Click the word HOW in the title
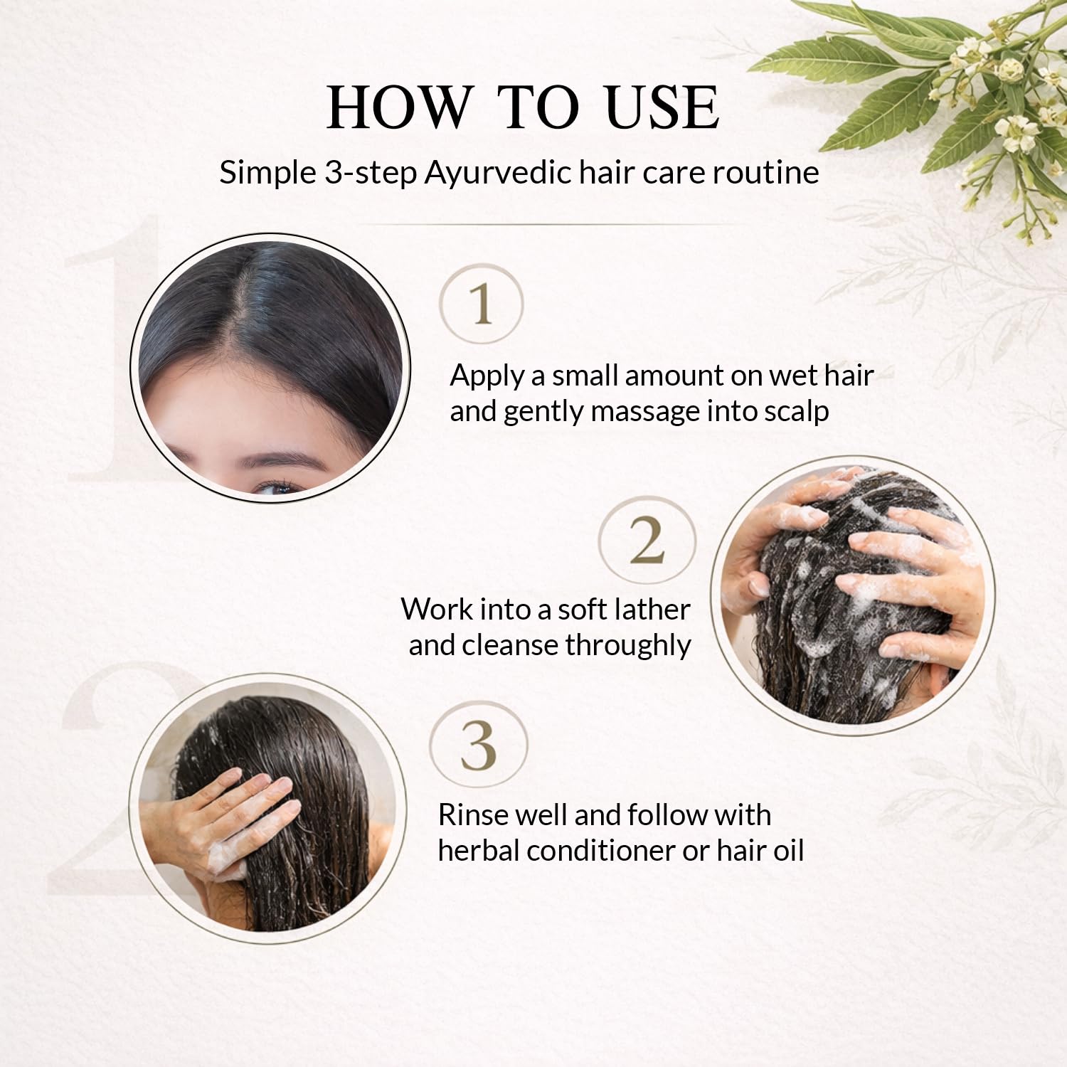click(399, 107)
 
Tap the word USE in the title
click(662, 107)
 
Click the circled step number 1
click(482, 304)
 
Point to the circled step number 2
click(647, 540)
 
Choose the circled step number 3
click(479, 745)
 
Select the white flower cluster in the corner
click(1010, 92)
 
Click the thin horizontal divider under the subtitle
click(548, 225)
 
